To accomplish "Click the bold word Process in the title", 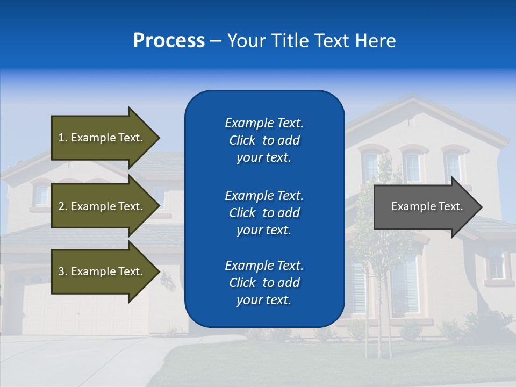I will (x=169, y=41).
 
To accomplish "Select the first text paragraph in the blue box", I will (x=264, y=140).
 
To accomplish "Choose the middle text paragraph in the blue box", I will (x=264, y=213).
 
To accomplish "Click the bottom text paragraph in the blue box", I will (x=264, y=283).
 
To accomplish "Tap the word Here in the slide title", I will (x=376, y=41).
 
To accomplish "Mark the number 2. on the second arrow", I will (x=63, y=206).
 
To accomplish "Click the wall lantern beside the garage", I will (x=169, y=280).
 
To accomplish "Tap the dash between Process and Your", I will (x=216, y=41).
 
